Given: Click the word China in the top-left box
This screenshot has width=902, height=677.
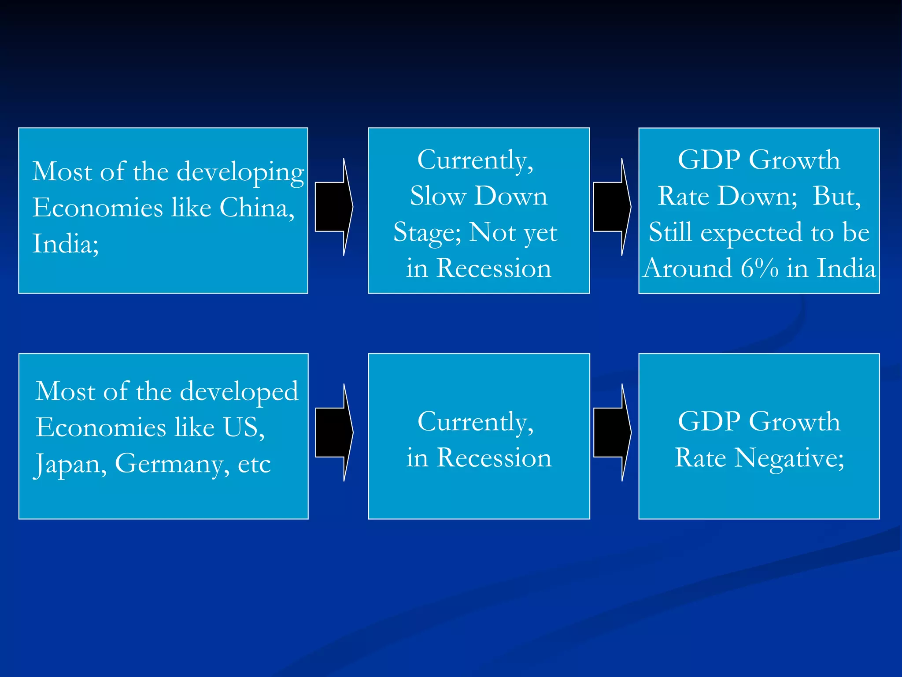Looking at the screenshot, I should click(256, 207).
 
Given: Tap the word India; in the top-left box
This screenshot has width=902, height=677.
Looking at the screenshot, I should click(66, 243).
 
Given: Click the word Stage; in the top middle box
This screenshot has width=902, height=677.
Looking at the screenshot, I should click(427, 233).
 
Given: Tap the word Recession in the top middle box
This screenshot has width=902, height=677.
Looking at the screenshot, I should click(494, 268).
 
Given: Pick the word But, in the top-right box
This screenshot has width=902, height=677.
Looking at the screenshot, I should click(836, 196).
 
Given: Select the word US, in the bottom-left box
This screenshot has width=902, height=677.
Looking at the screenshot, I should click(244, 427).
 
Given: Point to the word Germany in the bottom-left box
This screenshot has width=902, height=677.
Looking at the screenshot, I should click(172, 464).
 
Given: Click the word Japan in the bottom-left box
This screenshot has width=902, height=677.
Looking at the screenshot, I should click(70, 464).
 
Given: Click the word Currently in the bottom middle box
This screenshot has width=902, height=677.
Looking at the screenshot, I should click(475, 422).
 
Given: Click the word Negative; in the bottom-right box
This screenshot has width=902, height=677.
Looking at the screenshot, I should click(789, 458).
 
